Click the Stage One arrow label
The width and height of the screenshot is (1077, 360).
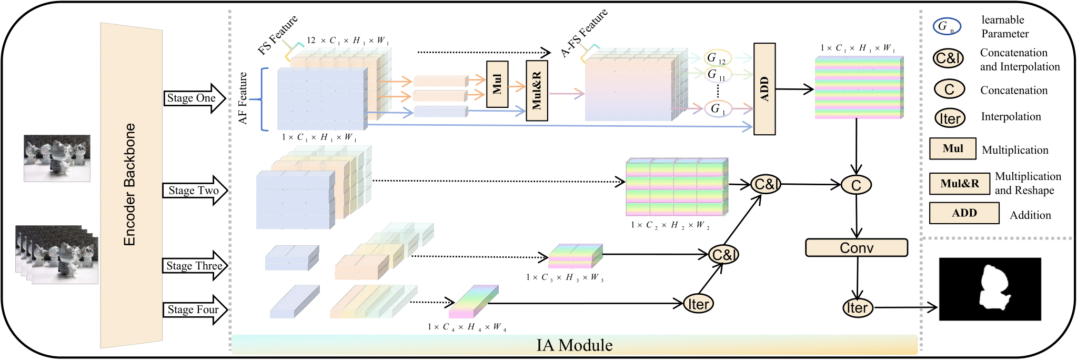[x=192, y=98]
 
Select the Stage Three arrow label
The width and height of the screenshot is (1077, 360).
[x=194, y=266]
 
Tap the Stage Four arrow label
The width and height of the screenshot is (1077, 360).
[x=193, y=309]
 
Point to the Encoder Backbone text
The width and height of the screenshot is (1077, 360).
[x=129, y=185]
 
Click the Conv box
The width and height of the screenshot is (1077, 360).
[x=856, y=248]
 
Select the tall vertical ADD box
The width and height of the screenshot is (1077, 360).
[x=764, y=89]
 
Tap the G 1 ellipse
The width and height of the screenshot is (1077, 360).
[x=718, y=109]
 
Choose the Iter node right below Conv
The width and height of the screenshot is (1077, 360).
[x=857, y=308]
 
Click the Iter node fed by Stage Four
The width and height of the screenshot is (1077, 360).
[x=698, y=304]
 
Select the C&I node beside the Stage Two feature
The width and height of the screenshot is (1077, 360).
[x=766, y=184]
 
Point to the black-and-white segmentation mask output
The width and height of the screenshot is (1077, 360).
[x=990, y=289]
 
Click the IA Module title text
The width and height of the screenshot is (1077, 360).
[x=574, y=345]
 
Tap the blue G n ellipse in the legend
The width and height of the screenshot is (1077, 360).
[x=947, y=26]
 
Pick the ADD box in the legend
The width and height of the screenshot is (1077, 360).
[x=964, y=213]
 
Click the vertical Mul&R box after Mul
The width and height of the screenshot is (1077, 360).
[x=537, y=91]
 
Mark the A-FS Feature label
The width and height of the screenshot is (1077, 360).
[x=584, y=33]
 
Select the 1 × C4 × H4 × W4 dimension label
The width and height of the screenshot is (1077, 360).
[x=467, y=327]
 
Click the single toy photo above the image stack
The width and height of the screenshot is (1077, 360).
[x=57, y=158]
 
